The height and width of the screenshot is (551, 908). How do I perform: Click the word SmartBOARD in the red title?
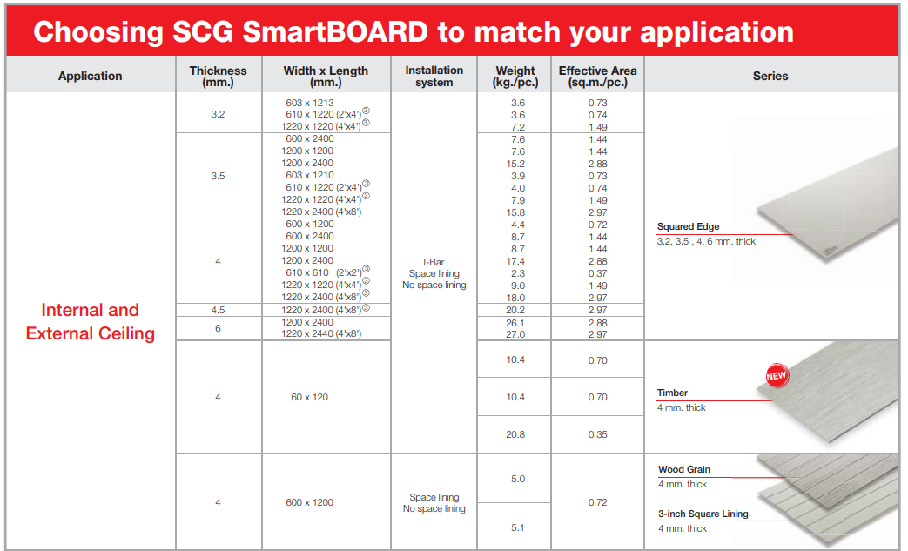[x=334, y=32]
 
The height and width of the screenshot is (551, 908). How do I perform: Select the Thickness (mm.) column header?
[x=218, y=76]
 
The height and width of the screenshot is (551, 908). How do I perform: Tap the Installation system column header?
[x=434, y=76]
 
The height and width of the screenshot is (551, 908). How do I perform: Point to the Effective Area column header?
[x=597, y=76]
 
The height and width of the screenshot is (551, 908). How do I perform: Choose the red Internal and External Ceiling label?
[x=91, y=321]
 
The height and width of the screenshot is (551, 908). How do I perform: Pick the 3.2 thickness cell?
[x=218, y=114]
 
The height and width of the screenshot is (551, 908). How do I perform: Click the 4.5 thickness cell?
[x=218, y=309]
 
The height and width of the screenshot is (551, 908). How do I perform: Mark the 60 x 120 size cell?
[x=309, y=397]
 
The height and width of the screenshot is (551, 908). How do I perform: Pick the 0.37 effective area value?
[x=597, y=273]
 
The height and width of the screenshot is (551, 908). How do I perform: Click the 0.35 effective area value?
[x=597, y=434]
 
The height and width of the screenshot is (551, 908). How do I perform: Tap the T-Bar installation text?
[x=434, y=262]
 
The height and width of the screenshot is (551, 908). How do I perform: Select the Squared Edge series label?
[x=688, y=227]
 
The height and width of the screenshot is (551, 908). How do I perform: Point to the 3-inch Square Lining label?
[x=703, y=514]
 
